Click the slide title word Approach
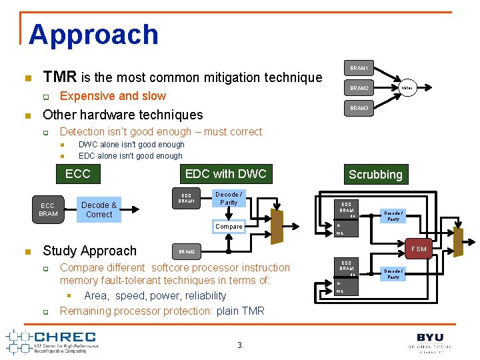click(x=93, y=35)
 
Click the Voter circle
click(x=407, y=88)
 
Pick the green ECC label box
click(x=77, y=174)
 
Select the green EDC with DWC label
click(x=225, y=174)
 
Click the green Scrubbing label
click(x=375, y=175)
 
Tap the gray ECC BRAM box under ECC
click(x=48, y=209)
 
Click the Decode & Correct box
click(x=99, y=209)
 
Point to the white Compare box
click(x=229, y=227)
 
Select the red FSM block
click(x=419, y=249)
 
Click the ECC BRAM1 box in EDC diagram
click(x=187, y=199)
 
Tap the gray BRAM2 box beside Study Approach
click(x=187, y=252)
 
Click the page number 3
click(x=239, y=345)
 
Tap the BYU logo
click(x=430, y=339)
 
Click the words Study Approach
click(x=89, y=251)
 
